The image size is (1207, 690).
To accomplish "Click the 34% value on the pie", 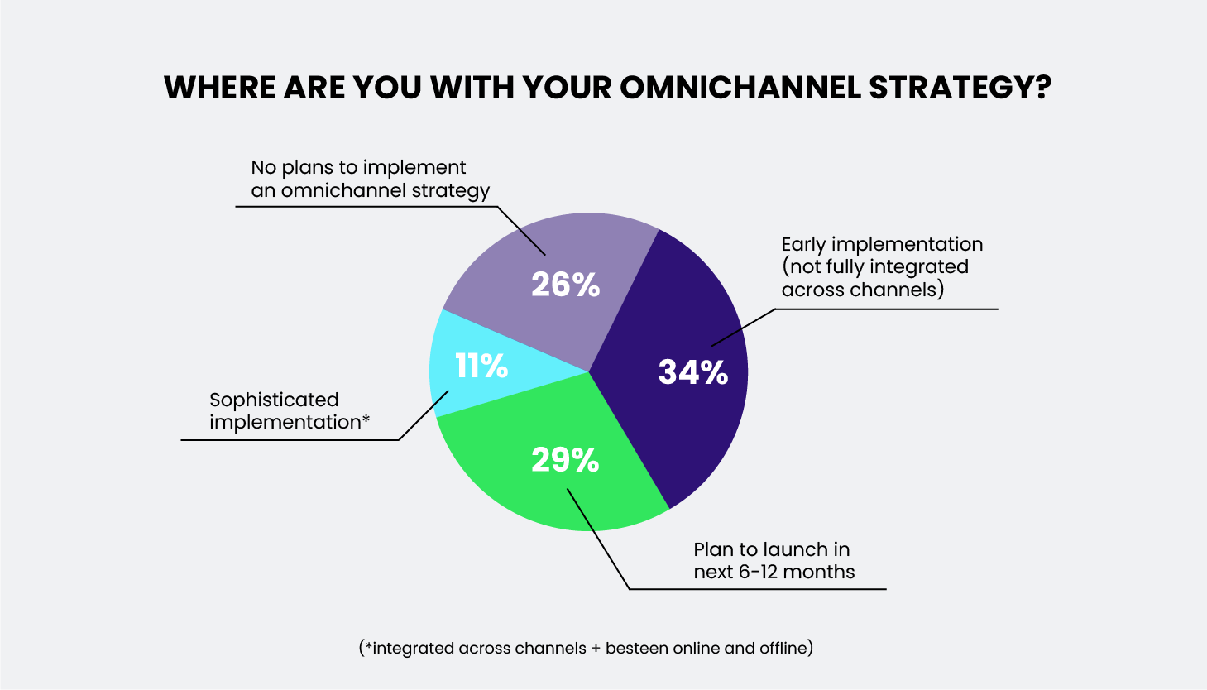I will [693, 372].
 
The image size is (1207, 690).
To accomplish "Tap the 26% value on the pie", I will [565, 285].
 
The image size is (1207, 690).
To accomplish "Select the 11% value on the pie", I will [481, 366].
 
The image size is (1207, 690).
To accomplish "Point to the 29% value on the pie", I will [565, 460].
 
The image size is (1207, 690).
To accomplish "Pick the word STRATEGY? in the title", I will [960, 88].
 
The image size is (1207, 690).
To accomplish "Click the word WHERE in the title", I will [219, 88].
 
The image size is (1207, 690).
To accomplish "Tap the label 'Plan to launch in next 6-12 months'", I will [774, 561].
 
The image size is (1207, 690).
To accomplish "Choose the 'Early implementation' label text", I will [882, 245].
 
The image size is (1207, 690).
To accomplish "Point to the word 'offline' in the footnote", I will [783, 649].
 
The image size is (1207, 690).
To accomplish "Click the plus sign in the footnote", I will [596, 649].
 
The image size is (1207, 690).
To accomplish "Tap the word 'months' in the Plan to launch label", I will [819, 572].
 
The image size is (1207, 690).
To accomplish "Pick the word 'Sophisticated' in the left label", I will [274, 400].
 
